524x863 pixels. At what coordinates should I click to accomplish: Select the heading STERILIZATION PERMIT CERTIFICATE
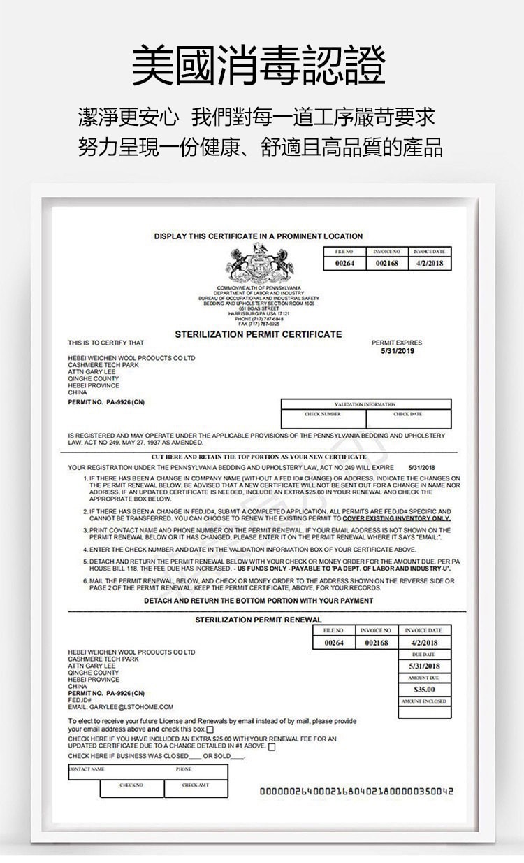click(259, 334)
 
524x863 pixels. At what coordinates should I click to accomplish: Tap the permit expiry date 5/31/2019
click(398, 351)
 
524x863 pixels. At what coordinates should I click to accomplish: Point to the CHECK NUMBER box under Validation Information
click(323, 420)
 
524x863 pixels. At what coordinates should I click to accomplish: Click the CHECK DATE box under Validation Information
click(407, 420)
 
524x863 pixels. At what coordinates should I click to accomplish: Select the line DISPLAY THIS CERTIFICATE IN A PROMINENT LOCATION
click(259, 236)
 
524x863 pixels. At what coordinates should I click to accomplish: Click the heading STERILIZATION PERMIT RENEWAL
click(259, 620)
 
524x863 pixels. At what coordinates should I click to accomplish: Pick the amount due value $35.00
click(425, 690)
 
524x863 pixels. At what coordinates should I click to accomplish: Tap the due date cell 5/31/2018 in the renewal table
click(425, 666)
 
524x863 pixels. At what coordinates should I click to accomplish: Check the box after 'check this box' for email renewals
click(210, 730)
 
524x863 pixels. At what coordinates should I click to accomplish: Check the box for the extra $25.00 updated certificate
click(272, 747)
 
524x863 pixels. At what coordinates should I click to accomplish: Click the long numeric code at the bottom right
click(356, 792)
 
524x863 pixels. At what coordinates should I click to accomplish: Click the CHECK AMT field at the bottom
click(196, 789)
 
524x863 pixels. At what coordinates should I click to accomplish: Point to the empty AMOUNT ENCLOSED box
click(425, 712)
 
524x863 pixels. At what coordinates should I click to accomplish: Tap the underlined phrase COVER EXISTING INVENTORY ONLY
click(397, 519)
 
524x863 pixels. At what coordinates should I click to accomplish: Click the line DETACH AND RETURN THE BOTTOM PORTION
click(259, 601)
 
